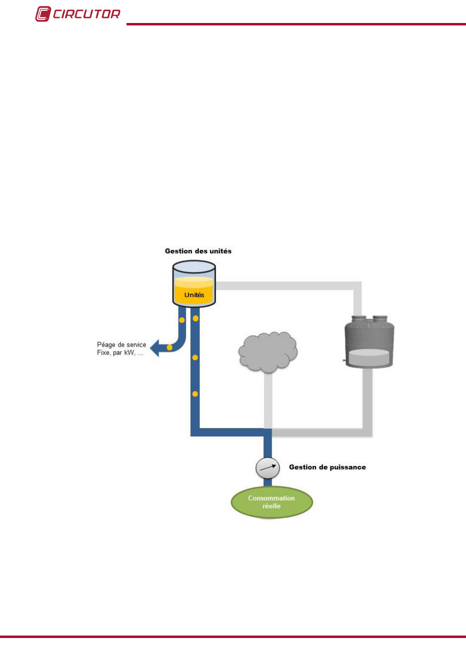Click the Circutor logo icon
[43, 14]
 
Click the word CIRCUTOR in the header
[86, 14]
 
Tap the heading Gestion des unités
[198, 251]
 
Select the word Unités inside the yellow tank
[194, 295]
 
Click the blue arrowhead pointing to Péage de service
[156, 348]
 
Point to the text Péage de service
[121, 345]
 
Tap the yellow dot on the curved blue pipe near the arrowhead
[169, 348]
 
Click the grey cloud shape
[268, 352]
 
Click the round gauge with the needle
[268, 468]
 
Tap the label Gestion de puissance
[327, 467]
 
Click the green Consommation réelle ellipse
[272, 502]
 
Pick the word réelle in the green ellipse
[272, 506]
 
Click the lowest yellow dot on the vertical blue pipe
[195, 394]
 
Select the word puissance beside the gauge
[347, 467]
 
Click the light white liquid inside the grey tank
[369, 357]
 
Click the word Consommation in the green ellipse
[272, 498]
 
